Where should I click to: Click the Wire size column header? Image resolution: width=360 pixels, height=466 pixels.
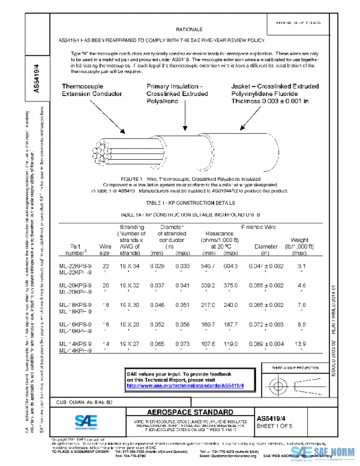tap(106, 250)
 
